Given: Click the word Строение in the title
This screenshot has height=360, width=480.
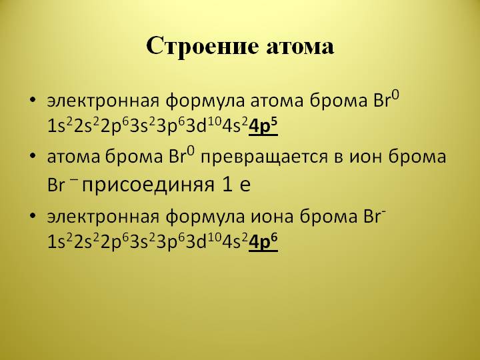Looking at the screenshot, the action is tap(203, 47).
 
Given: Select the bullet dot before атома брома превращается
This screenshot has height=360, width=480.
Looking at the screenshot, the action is tap(33, 155).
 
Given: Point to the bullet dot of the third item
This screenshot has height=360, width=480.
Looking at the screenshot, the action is tap(33, 215).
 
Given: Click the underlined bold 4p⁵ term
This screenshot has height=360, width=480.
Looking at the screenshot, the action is tap(263, 126).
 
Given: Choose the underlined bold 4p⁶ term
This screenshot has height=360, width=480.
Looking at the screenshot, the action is tap(263, 242).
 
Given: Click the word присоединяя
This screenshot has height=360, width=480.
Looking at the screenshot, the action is tap(148, 185).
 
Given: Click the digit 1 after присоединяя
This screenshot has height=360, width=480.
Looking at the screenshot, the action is tap(227, 184).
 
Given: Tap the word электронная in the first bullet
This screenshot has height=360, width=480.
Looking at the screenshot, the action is tap(103, 101).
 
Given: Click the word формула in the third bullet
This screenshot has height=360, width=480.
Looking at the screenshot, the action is tap(205, 217).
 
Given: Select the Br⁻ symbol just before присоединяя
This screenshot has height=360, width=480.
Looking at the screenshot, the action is tap(61, 184).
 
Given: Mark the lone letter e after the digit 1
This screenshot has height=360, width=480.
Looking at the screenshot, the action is tap(245, 185).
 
